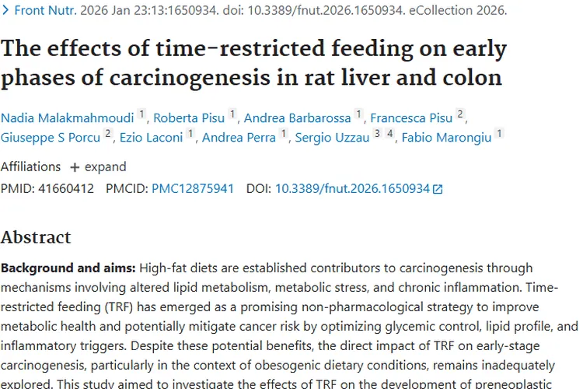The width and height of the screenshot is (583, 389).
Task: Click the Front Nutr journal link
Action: click(40, 11)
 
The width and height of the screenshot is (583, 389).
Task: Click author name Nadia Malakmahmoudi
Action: click(67, 118)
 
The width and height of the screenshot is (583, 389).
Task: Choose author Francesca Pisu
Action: click(411, 118)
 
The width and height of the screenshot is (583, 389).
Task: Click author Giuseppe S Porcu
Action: click(51, 138)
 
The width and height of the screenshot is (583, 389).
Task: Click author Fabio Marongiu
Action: click(446, 138)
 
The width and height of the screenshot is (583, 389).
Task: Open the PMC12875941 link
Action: click(193, 188)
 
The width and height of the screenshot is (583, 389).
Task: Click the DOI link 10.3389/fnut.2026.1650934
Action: click(352, 188)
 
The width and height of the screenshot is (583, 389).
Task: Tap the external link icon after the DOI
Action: click(438, 189)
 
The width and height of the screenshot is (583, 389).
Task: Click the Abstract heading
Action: click(36, 237)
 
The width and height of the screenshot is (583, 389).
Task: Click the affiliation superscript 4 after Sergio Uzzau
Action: click(390, 134)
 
